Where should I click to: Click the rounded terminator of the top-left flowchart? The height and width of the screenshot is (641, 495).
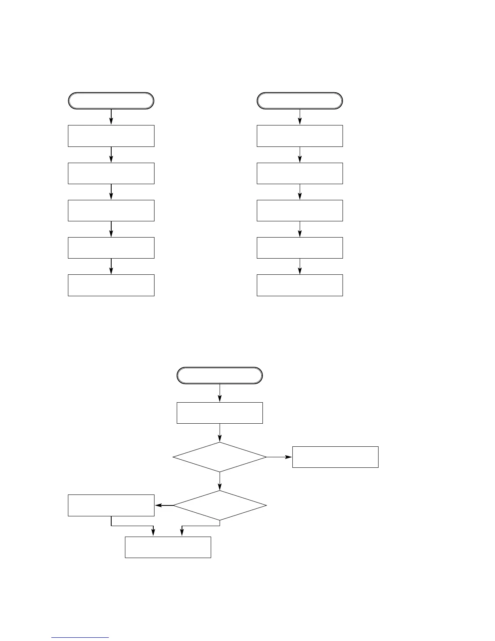tap(111, 101)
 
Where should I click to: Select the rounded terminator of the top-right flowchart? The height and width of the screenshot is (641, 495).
tap(300, 101)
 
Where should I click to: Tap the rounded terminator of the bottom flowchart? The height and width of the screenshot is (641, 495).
tap(220, 376)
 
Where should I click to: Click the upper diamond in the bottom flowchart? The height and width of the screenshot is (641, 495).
tap(220, 457)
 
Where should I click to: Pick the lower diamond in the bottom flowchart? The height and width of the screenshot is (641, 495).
tap(220, 505)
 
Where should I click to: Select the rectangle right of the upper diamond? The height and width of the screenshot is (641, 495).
tap(335, 457)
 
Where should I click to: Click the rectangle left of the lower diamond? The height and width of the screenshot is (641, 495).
tap(111, 505)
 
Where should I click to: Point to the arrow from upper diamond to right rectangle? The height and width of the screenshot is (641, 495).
tap(279, 457)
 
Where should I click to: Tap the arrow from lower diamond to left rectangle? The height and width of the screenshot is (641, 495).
tap(164, 505)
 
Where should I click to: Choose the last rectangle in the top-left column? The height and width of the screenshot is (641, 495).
tap(111, 285)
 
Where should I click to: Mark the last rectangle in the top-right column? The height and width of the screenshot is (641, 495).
tap(300, 285)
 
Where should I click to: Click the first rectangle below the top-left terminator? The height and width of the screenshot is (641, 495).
tap(111, 136)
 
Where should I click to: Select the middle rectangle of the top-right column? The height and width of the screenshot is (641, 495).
tap(300, 210)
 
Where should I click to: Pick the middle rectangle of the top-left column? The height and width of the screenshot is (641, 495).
tap(111, 210)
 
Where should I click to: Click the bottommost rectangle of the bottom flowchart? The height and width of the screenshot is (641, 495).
tap(168, 547)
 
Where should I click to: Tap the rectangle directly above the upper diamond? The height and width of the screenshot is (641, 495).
tap(220, 413)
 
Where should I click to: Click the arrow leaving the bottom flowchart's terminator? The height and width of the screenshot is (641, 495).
tap(220, 393)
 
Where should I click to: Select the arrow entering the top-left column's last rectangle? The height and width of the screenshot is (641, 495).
tap(111, 266)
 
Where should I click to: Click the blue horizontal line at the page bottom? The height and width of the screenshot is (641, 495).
tap(80, 637)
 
